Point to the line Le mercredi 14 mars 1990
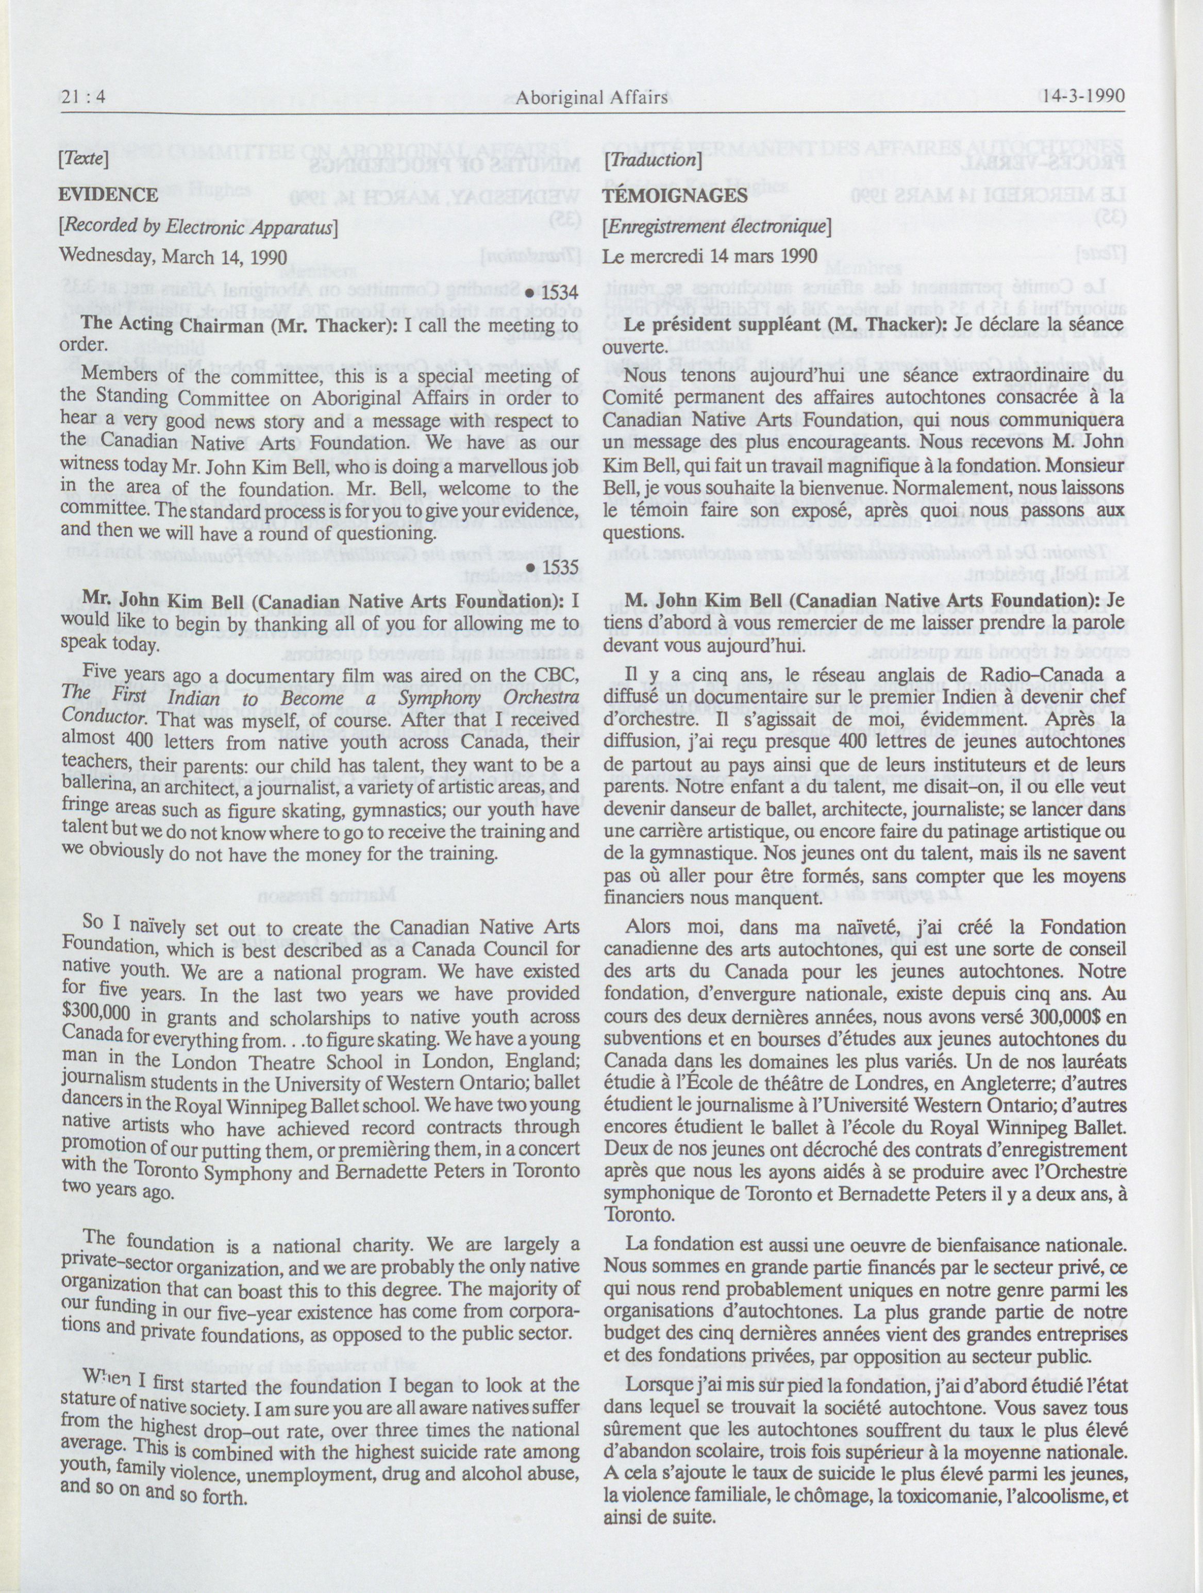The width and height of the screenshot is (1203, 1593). click(710, 256)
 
